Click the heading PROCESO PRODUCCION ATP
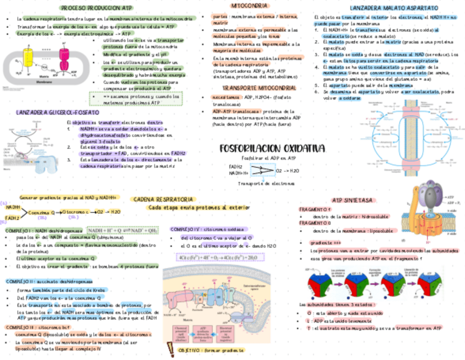[97, 8]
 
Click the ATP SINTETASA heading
[353, 200]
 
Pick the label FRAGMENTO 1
[315, 210]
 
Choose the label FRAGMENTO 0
[315, 223]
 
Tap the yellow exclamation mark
[169, 349]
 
